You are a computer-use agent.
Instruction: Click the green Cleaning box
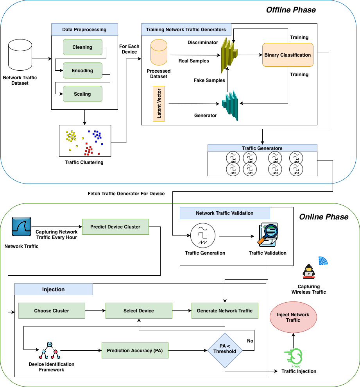tap(82, 47)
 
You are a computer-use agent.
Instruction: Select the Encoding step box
tap(82, 71)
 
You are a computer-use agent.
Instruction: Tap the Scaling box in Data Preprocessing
tap(82, 94)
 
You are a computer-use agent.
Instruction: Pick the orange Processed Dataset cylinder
tap(159, 52)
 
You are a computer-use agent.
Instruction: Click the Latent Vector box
tap(159, 104)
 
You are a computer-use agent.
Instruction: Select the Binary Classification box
tap(288, 55)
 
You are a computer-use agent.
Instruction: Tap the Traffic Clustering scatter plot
tap(85, 141)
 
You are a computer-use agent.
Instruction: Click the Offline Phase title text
tap(291, 10)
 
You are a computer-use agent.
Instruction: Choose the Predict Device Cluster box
tap(115, 227)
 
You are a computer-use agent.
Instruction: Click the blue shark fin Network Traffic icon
tap(21, 226)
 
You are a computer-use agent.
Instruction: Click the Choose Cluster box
tap(52, 311)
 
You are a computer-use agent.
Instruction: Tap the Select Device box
tap(139, 311)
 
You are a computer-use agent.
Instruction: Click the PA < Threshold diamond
tap(225, 349)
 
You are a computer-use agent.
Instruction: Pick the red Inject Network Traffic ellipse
tap(293, 317)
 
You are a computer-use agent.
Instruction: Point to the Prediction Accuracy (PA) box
tap(135, 351)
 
